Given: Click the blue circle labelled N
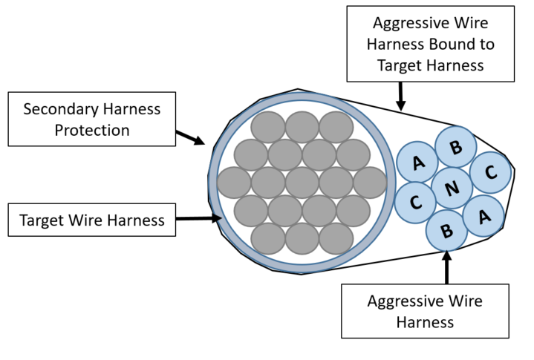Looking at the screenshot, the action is click(452, 188).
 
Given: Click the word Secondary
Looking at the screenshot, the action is click(60, 109).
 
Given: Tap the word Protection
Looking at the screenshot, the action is click(92, 131).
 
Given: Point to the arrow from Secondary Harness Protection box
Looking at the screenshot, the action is click(190, 137).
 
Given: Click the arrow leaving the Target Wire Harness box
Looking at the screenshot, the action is click(199, 218).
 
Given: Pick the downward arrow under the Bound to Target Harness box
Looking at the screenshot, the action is click(401, 96).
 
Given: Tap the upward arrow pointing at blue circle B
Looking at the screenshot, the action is click(447, 267).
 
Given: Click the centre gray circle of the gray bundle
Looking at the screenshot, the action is click(302, 183).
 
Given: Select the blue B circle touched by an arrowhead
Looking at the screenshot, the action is click(446, 230).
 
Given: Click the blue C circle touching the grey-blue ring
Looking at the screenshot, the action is click(415, 203).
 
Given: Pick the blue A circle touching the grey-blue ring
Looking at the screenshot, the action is click(417, 162).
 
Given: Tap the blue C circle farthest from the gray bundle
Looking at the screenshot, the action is click(490, 172).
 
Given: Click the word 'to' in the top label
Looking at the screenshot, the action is click(486, 45).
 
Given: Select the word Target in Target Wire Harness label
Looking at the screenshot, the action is click(42, 220).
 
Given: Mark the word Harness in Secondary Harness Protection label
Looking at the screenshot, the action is click(131, 109).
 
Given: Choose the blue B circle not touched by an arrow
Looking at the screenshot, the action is click(456, 147).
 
